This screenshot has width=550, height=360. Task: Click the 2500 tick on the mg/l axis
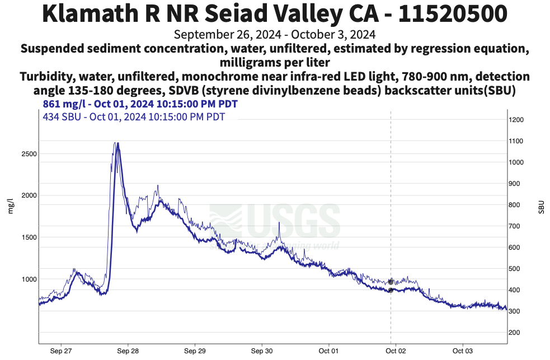(x=29, y=154)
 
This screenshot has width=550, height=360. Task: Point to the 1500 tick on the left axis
(x=29, y=237)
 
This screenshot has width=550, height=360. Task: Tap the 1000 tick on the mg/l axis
(x=29, y=279)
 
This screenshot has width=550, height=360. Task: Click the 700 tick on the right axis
(x=514, y=226)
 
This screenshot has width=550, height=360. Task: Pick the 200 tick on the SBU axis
(x=514, y=333)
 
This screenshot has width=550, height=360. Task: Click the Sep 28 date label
(x=128, y=351)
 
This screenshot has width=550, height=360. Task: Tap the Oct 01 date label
(x=329, y=351)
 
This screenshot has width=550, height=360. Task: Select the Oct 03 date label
(x=463, y=351)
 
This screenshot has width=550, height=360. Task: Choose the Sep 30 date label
(x=262, y=351)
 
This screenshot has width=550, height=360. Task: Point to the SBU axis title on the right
(x=541, y=206)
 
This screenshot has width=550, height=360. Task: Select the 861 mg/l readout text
(x=140, y=104)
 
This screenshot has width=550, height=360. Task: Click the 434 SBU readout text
(x=134, y=116)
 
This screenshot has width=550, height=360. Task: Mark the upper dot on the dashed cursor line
(x=391, y=282)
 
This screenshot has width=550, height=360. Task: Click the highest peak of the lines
(x=116, y=143)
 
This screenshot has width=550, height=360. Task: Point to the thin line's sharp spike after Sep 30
(x=279, y=223)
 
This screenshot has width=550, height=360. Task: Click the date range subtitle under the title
(x=275, y=35)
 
